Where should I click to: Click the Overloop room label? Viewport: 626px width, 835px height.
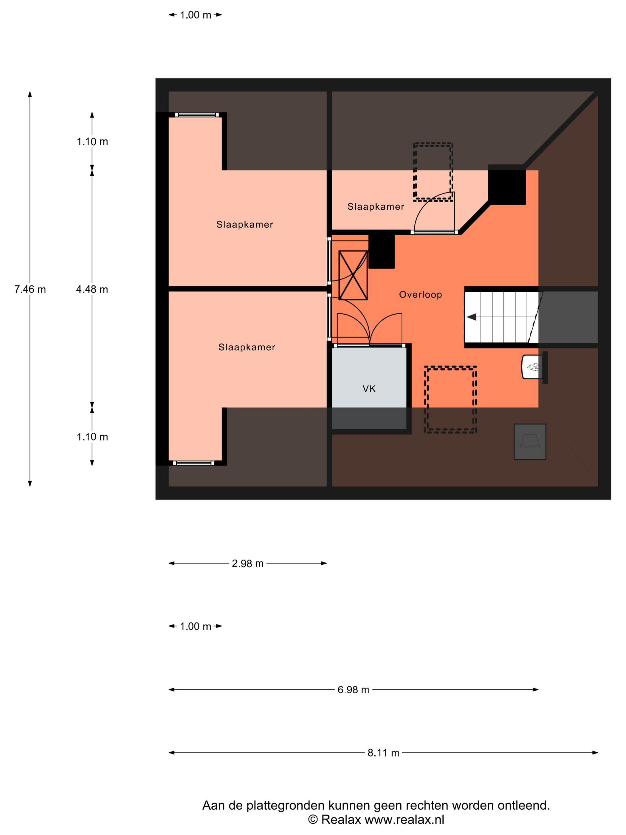(x=420, y=294)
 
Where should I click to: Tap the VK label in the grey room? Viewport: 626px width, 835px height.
(x=369, y=389)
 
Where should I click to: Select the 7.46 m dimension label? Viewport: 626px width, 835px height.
(x=30, y=289)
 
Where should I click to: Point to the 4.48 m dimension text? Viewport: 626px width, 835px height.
(x=92, y=289)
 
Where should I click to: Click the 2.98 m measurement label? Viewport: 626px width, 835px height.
(x=247, y=563)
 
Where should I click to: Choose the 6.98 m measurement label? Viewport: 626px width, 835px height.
(x=353, y=690)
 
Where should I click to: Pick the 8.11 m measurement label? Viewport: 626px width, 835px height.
(x=383, y=753)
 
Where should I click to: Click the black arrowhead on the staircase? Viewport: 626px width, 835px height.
(x=471, y=317)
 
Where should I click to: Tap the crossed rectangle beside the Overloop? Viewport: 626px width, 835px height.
(x=353, y=275)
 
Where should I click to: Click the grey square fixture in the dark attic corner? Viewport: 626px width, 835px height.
(x=530, y=441)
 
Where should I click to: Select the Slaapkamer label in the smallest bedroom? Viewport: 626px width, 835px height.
(x=376, y=206)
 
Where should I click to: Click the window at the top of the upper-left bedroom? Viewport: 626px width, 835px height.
(x=197, y=115)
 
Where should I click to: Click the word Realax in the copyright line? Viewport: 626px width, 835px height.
(x=341, y=819)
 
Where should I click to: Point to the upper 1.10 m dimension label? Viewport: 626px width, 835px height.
(x=92, y=142)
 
